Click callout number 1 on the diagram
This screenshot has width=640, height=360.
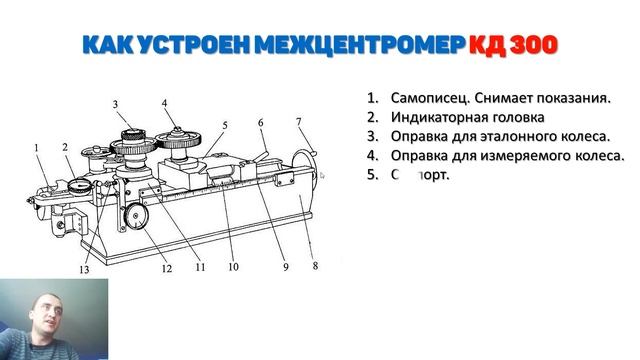pyautogui.click(x=35, y=148)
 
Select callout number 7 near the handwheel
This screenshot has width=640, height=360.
pyautogui.click(x=298, y=122)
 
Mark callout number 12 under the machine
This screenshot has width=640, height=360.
pyautogui.click(x=167, y=268)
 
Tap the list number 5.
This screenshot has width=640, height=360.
pyautogui.click(x=371, y=174)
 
